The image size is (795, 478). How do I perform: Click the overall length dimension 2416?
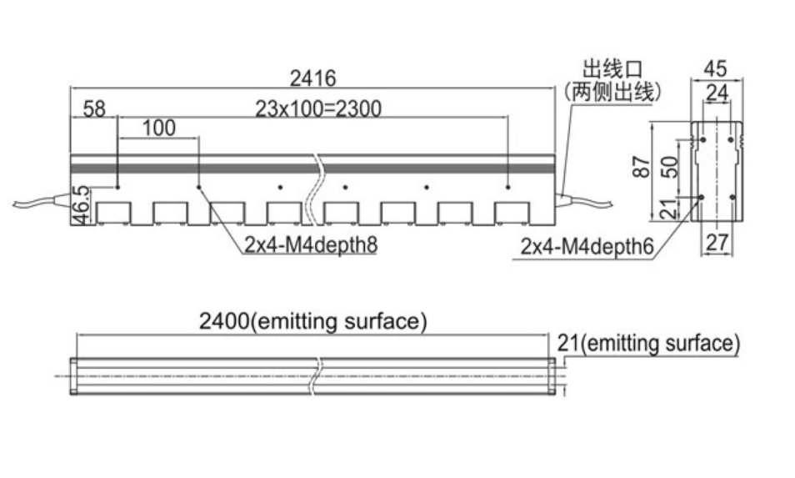coord(312,78)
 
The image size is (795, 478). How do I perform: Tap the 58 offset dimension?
coord(94,108)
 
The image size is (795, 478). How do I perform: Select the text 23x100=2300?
coord(317,108)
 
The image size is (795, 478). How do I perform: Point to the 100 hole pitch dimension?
coord(158,128)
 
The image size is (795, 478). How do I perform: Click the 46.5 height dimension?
coord(81,205)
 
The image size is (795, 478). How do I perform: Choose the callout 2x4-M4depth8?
coord(311,244)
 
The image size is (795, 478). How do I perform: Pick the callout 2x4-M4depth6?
coord(587,247)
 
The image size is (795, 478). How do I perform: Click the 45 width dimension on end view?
coord(715,68)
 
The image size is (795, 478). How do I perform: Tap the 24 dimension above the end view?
coord(717,93)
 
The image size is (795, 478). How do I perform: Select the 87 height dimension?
coord(642,167)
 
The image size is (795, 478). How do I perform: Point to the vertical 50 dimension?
coord(670,167)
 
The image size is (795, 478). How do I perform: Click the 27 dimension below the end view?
coord(717,243)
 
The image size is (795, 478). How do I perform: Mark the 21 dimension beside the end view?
coord(670,209)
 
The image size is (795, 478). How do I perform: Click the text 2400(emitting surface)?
coord(312,321)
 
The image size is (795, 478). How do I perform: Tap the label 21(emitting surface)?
coord(648,343)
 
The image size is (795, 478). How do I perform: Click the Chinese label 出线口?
coord(612,69)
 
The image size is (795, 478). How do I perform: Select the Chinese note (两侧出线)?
coord(612,92)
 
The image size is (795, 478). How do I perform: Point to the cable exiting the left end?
coord(42,201)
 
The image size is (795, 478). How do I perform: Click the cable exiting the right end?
coord(584,200)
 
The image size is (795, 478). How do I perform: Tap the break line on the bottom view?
coord(317,376)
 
